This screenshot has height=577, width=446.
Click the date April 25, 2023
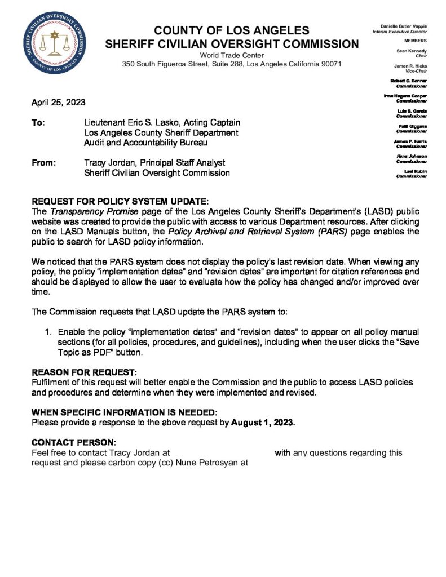pyautogui.click(x=59, y=103)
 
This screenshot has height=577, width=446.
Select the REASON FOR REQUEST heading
pyautogui.click(x=83, y=372)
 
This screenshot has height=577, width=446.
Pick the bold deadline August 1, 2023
pyautogui.click(x=263, y=422)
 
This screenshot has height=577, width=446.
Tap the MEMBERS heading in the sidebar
pyautogui.click(x=415, y=41)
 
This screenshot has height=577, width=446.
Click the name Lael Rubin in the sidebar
pyautogui.click(x=416, y=171)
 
